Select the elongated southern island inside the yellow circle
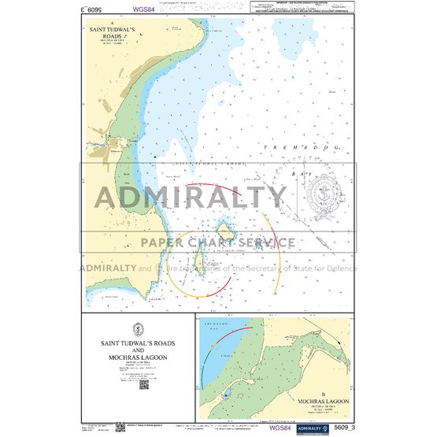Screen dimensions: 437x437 (198, 258)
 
